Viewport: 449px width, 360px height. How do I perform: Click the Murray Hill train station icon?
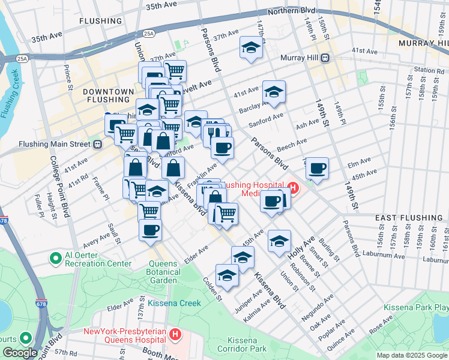coord(325,58)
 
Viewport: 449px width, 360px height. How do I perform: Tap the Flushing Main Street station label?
coord(53,144)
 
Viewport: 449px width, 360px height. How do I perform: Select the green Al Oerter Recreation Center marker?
coord(56,259)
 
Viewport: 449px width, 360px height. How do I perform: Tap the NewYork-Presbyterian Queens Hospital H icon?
coord(175,334)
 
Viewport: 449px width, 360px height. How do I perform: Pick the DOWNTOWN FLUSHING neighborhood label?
coord(108,96)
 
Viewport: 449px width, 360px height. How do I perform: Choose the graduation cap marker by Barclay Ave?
coord(274,92)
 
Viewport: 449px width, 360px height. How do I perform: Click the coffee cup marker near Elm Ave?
coord(317,168)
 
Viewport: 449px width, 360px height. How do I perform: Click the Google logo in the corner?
coord(20,353)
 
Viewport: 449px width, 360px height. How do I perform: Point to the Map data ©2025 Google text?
coord(412,355)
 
